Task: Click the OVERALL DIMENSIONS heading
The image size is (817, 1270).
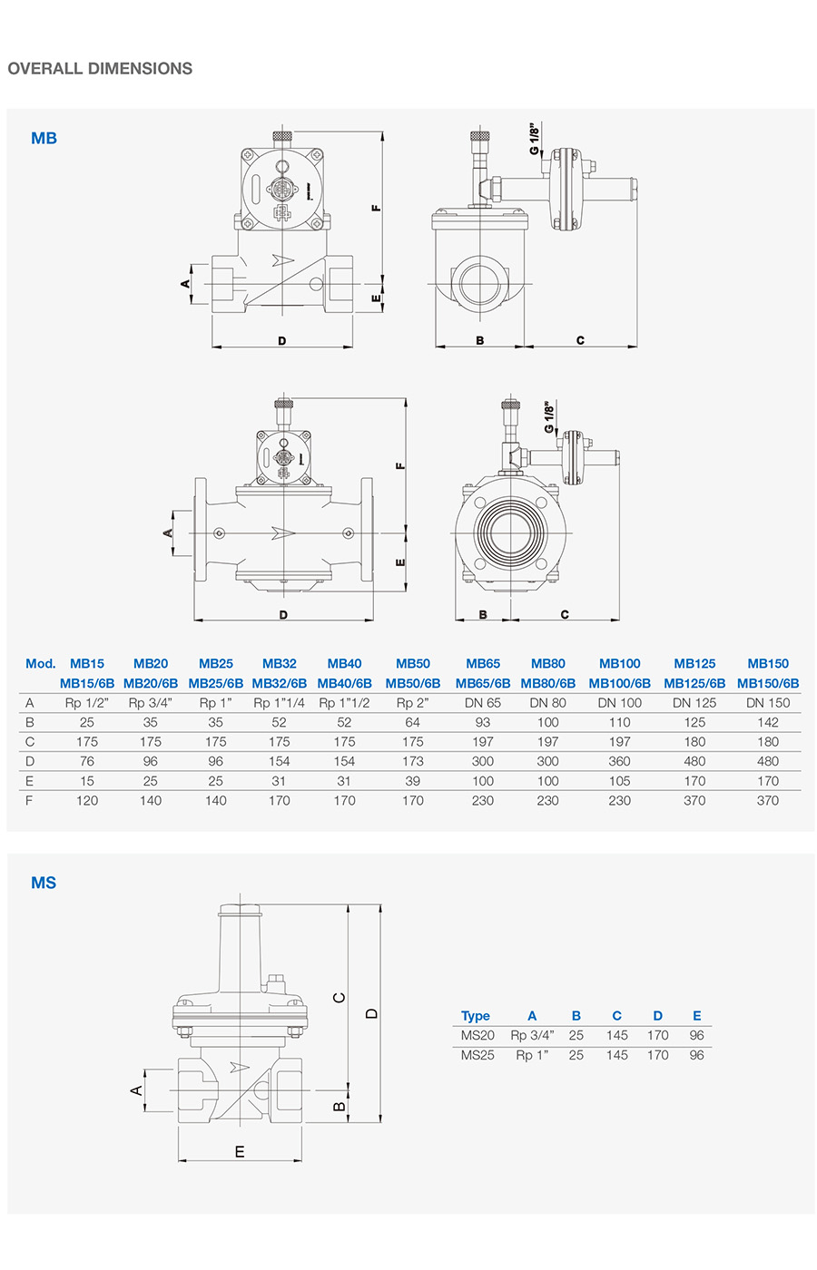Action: coord(100,68)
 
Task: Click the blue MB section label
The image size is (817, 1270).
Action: coord(44,138)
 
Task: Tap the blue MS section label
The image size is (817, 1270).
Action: coord(44,883)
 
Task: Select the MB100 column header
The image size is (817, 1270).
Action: coord(619,664)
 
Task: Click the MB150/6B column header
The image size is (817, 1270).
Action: coord(768,683)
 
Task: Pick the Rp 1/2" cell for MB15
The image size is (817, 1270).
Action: coord(87,703)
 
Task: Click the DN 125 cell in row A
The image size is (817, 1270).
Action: coord(694,703)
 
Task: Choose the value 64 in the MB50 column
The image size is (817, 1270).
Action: coord(413,722)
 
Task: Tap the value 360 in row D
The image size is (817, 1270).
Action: coord(619,761)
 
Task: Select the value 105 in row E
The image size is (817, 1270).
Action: coord(619,781)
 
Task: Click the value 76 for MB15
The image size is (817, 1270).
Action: coord(87,761)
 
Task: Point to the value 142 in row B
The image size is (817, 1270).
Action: coord(768,722)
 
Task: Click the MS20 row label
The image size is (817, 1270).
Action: coord(477,1035)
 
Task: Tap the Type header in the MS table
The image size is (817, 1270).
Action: coord(475,1016)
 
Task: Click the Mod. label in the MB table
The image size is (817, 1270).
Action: coord(41,664)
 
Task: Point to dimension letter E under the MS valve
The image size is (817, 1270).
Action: coord(240,1152)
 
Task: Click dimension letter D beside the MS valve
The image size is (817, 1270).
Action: coord(371,1013)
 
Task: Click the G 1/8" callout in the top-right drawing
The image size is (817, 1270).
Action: coord(535,138)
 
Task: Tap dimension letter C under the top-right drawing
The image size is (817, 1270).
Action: coord(580,341)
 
